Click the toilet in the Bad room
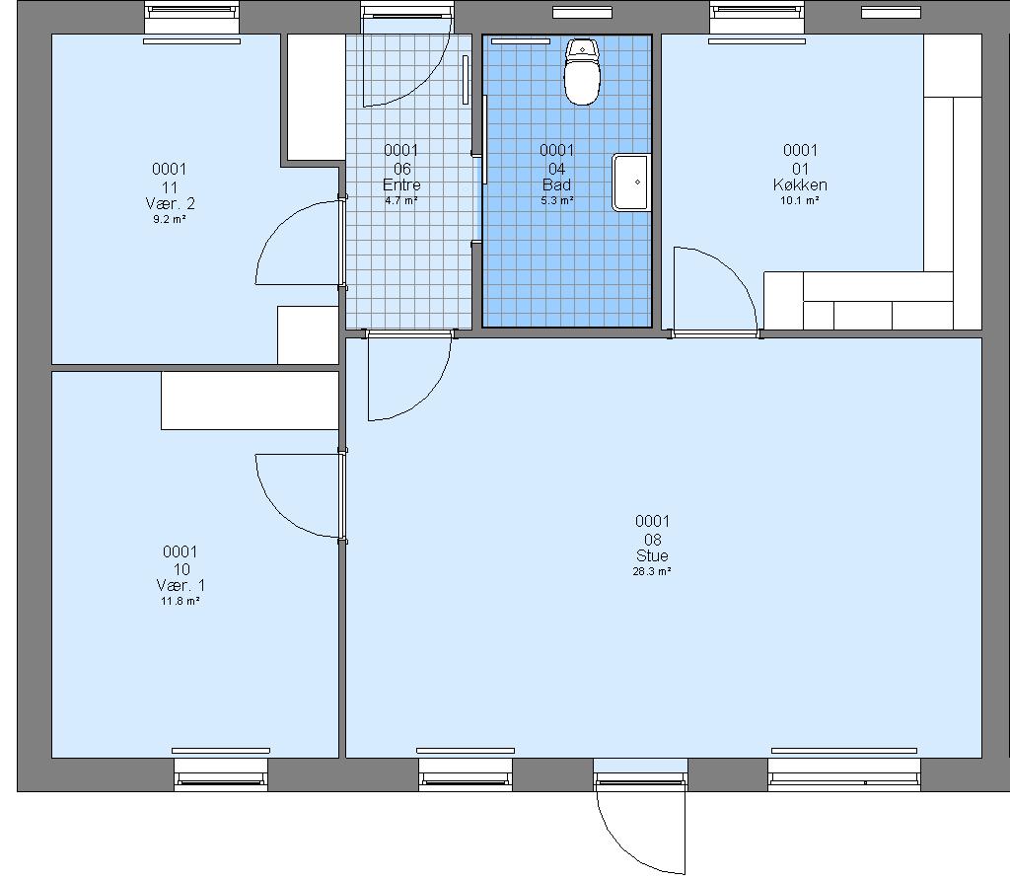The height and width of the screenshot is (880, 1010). [582, 71]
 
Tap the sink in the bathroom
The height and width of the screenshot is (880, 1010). [631, 183]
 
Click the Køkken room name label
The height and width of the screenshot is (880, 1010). [800, 184]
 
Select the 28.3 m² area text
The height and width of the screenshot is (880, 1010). [652, 571]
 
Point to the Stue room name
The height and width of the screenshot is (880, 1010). [652, 555]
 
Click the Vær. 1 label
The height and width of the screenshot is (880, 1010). [180, 586]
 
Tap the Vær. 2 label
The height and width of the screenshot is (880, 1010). [170, 203]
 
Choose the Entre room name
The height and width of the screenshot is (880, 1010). [401, 184]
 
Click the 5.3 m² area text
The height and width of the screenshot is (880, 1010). [557, 200]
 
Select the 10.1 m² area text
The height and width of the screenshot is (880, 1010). [800, 200]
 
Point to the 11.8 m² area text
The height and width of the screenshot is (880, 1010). [180, 601]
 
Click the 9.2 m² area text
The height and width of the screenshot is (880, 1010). [170, 219]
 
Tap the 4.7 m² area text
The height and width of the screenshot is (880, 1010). [401, 200]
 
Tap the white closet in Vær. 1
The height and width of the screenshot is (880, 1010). [250, 401]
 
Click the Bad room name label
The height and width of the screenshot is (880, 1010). [557, 184]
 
